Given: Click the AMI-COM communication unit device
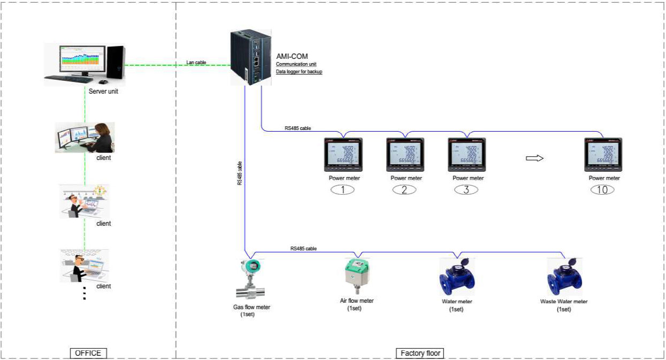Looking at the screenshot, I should (x=250, y=57).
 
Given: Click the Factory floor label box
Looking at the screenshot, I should (x=420, y=353).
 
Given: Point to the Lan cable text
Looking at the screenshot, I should (x=197, y=63).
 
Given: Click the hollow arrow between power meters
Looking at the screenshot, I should (x=534, y=158).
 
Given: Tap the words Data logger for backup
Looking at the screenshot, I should (x=299, y=72).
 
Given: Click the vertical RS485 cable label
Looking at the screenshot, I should (x=239, y=173).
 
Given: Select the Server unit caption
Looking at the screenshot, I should (x=103, y=91).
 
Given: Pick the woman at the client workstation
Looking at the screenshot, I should (x=102, y=138).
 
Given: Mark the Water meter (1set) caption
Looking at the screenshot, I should (x=456, y=305).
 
